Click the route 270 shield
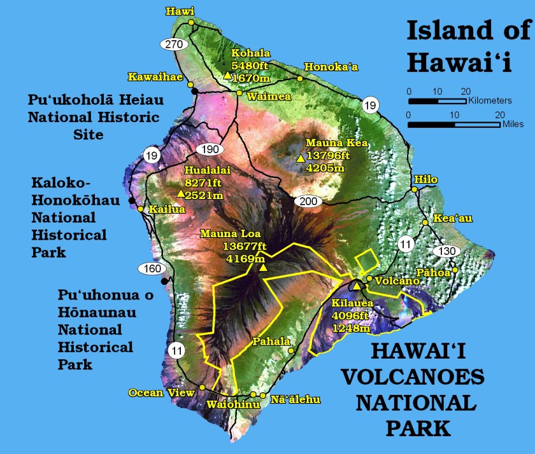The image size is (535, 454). tap(173, 44)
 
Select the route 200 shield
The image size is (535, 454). tap(308, 202)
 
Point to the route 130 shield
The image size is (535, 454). tap(448, 251)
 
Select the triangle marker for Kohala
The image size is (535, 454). tap(227, 75)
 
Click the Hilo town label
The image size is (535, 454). tap(425, 179)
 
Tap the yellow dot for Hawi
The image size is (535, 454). tap(190, 22)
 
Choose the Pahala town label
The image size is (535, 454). tap(271, 341)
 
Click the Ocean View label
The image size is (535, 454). tap(162, 392)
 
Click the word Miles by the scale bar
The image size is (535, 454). tap(514, 124)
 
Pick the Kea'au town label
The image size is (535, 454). tap(453, 218)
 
